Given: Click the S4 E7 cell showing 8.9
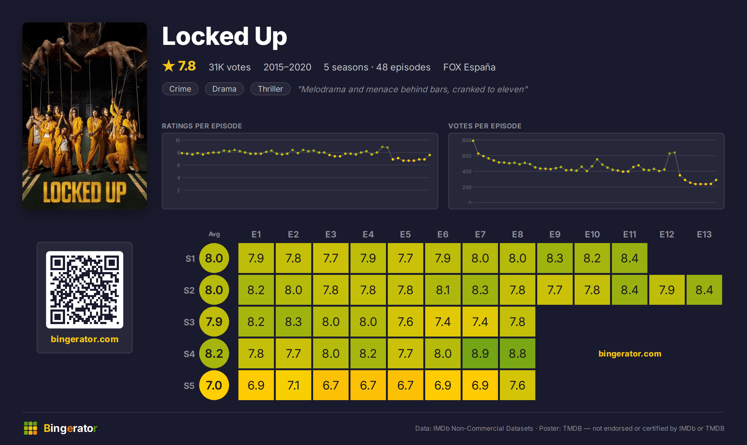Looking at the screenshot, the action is click(x=480, y=353).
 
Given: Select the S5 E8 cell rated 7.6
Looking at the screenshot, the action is click(x=517, y=385).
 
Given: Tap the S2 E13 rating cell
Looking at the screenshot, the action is click(x=704, y=290).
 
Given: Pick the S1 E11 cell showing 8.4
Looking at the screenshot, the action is click(x=629, y=258).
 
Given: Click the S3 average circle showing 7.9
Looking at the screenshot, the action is click(x=214, y=322).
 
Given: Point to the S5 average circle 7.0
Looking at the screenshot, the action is click(x=214, y=385).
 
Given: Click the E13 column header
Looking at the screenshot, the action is click(x=704, y=234).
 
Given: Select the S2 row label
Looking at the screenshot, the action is click(x=189, y=290).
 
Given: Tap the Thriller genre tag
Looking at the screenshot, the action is click(x=270, y=89).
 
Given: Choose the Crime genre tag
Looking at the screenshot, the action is click(x=180, y=89).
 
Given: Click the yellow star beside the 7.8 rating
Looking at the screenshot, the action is click(x=169, y=66).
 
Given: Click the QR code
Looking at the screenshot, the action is click(x=85, y=290).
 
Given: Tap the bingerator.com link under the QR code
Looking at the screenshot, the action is click(x=85, y=339).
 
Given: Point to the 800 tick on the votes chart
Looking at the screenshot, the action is click(x=467, y=140).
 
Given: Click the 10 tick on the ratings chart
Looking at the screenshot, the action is click(x=178, y=140).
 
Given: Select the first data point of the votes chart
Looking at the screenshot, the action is click(x=473, y=141).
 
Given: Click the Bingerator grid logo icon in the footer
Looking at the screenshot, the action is click(x=31, y=428).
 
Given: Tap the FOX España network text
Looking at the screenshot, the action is click(x=469, y=67).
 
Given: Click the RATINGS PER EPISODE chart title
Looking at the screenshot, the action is click(x=202, y=126).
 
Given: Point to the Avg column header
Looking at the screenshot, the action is click(x=214, y=234).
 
